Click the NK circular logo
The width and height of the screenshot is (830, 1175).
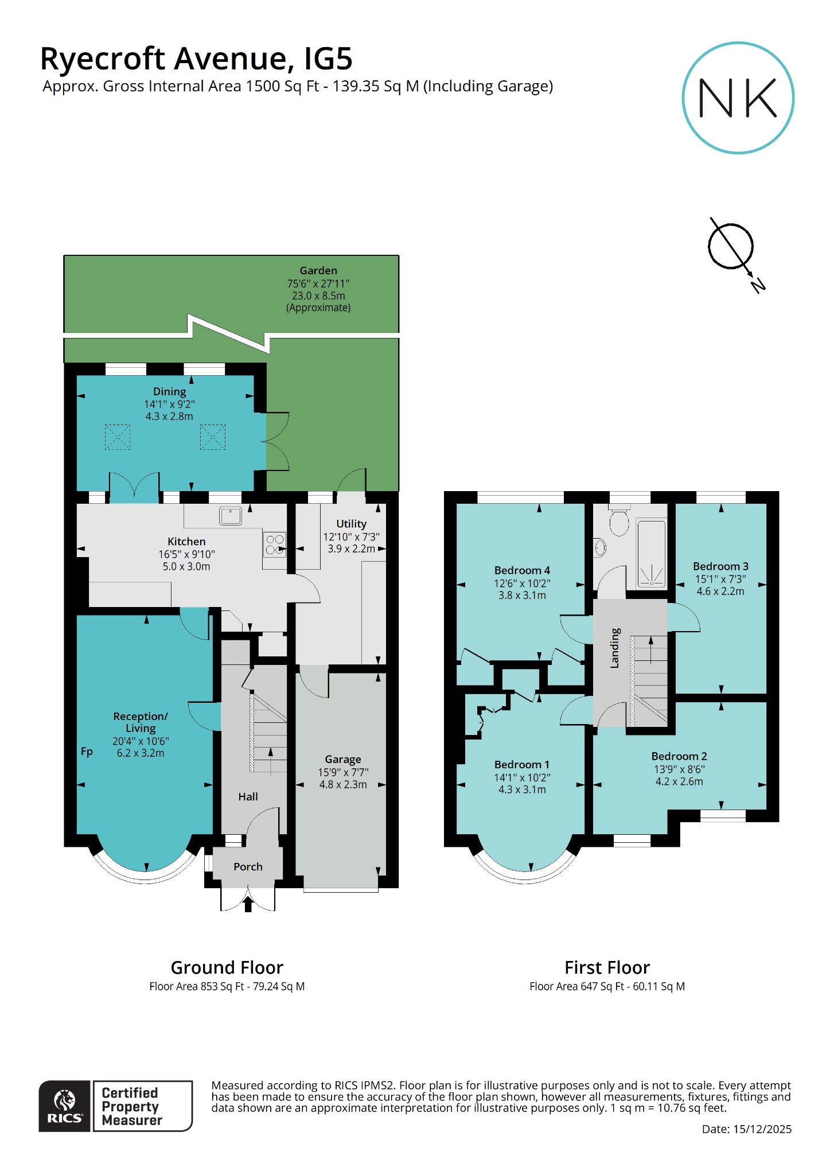[738, 98]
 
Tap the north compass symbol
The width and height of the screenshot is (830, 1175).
[731, 247]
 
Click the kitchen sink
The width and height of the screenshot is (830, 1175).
[231, 516]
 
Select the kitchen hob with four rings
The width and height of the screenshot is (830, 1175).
[275, 544]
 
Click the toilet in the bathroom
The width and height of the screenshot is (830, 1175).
[619, 522]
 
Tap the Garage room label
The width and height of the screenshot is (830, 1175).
[343, 759]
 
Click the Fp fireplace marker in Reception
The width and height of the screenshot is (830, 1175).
[87, 752]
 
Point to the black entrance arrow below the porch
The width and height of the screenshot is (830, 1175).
[248, 904]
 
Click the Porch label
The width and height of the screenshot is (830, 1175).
[248, 866]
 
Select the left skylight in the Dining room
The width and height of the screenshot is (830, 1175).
[118, 437]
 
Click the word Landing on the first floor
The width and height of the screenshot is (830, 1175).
[615, 648]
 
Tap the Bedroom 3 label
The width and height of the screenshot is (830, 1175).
[720, 566]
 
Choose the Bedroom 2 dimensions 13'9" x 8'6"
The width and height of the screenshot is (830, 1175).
[679, 769]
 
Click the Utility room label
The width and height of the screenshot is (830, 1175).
[351, 524]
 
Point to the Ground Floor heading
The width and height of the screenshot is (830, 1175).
[227, 967]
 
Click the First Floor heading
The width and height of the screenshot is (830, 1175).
[607, 967]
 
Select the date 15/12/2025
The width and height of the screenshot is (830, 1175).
[762, 1129]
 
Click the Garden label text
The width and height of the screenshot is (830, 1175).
[318, 270]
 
